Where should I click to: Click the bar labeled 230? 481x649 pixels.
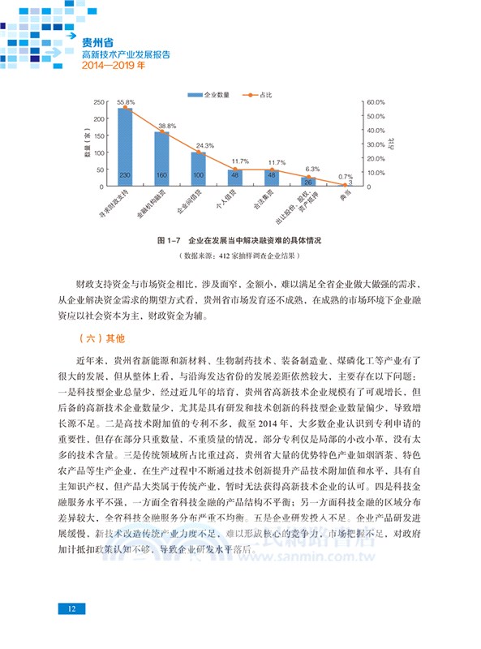pos(125,148)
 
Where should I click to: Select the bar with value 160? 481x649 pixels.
pos(161,159)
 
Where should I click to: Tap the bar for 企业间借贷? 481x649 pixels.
pos(198,170)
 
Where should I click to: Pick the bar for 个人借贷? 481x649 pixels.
pos(235,178)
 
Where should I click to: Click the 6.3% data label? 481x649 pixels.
pos(312,168)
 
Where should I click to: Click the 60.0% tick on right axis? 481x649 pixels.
pos(374,102)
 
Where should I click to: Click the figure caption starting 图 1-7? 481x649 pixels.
pos(239,241)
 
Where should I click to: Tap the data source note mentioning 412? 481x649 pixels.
pos(239,255)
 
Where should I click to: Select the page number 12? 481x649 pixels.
pos(71,630)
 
